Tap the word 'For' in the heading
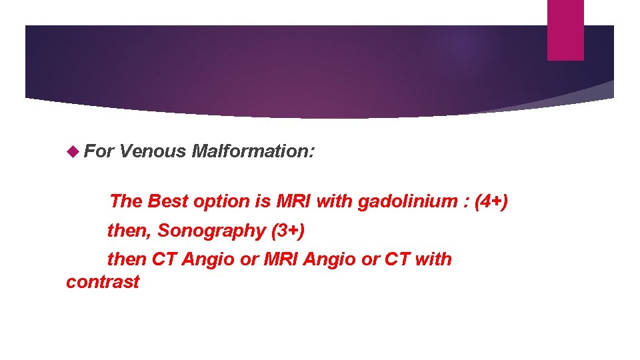(x=99, y=151)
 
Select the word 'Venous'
(x=153, y=151)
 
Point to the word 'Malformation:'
(x=253, y=151)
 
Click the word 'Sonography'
(x=211, y=231)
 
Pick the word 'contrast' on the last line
(x=103, y=281)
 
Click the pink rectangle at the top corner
(x=565, y=30)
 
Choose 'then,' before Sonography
(x=130, y=231)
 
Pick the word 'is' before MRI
(x=263, y=201)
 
